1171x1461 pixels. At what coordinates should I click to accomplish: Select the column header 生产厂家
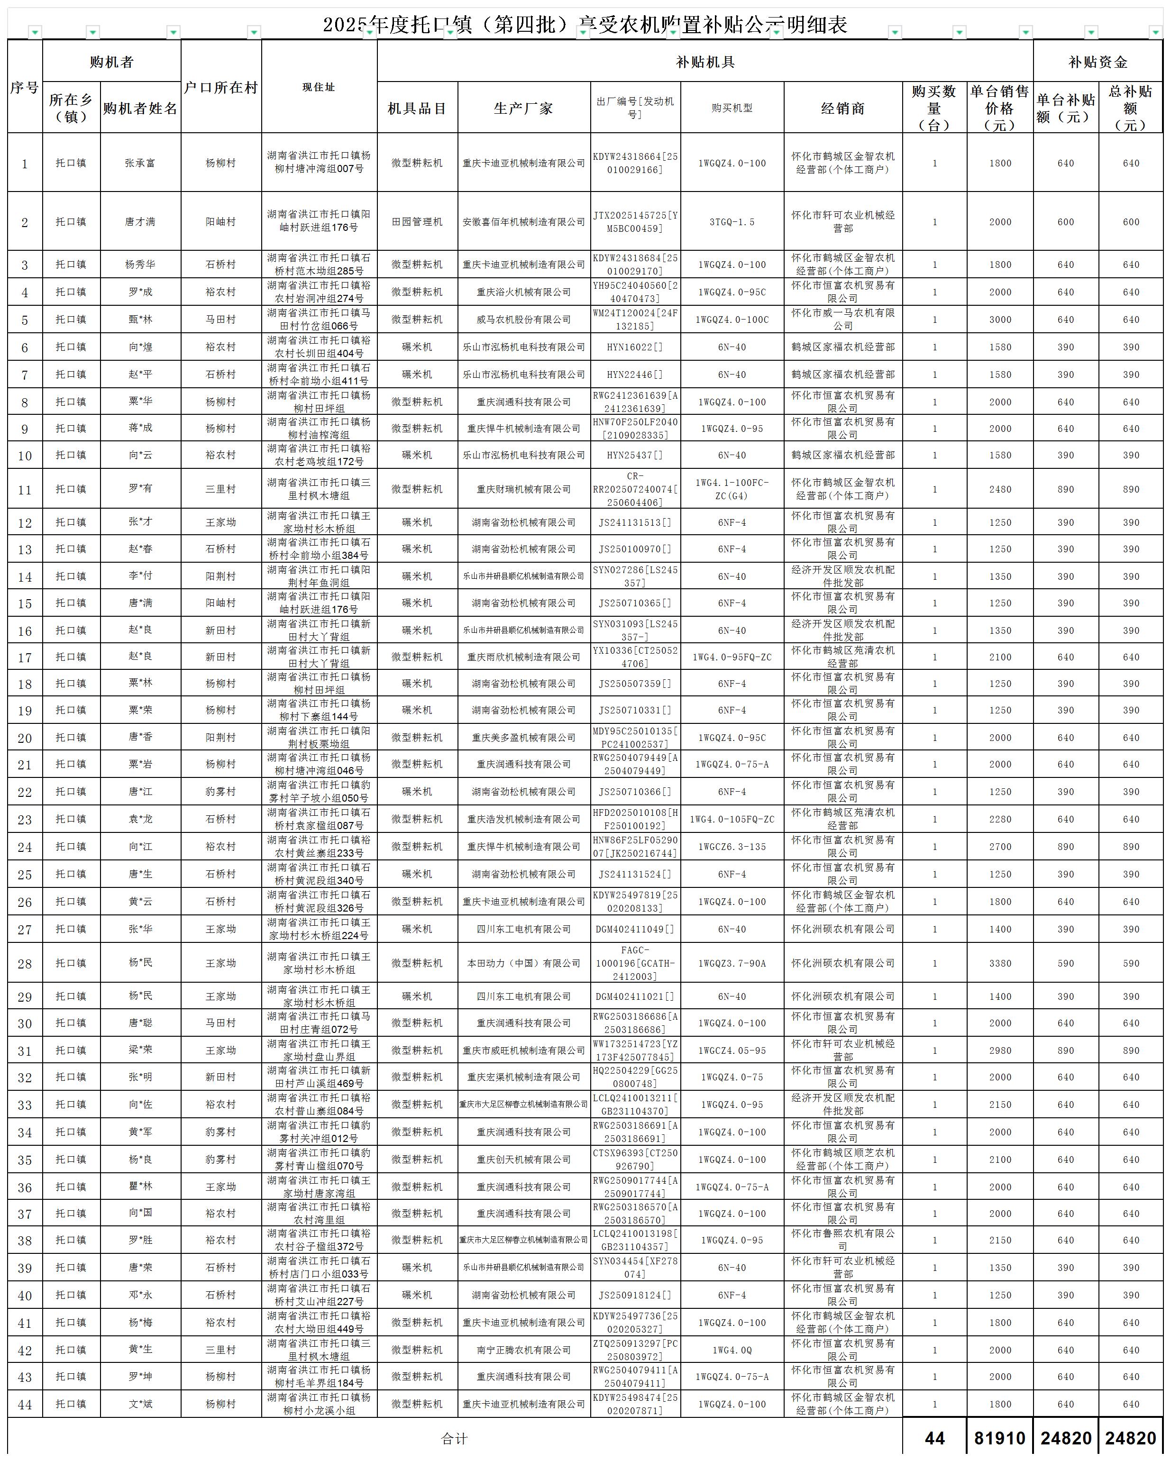click(x=523, y=109)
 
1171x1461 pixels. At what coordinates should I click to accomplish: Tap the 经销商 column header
click(x=842, y=109)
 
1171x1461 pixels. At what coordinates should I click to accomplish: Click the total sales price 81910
click(x=999, y=1439)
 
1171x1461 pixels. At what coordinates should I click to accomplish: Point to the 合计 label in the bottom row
click(x=454, y=1439)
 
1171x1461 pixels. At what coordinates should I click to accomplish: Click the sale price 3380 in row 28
click(x=999, y=963)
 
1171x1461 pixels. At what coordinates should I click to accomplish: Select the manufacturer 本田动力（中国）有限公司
click(x=523, y=963)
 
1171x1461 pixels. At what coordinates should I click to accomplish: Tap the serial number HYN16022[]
click(x=635, y=347)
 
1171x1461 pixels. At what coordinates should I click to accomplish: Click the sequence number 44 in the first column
click(x=25, y=1405)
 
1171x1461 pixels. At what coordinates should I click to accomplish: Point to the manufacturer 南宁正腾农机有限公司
click(x=523, y=1350)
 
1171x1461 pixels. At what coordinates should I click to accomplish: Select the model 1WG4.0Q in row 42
click(x=732, y=1350)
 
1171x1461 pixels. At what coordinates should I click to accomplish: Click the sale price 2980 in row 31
click(x=999, y=1050)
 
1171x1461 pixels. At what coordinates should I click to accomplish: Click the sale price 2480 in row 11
click(x=999, y=489)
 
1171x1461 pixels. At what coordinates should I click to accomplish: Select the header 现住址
click(x=319, y=87)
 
